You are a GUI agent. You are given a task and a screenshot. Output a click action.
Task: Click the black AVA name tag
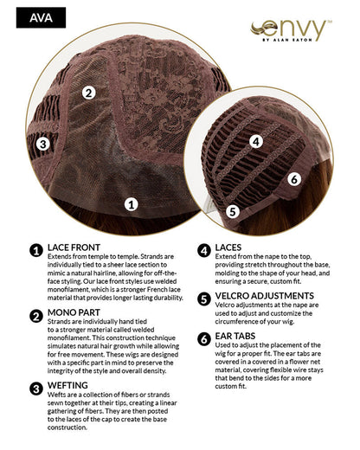pyautogui.click(x=41, y=17)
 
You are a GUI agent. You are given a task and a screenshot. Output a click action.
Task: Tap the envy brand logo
pyautogui.click(x=291, y=30)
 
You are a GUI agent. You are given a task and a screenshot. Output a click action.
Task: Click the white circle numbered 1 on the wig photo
pyautogui.click(x=132, y=204)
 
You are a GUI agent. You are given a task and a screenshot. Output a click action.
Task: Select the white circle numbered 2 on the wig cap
pyautogui.click(x=89, y=93)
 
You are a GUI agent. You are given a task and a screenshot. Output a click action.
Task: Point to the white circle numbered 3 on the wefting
pyautogui.click(x=43, y=144)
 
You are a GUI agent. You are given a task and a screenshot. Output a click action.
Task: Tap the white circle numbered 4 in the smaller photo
pyautogui.click(x=256, y=142)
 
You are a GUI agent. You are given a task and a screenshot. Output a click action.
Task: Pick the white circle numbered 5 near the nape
pyautogui.click(x=233, y=211)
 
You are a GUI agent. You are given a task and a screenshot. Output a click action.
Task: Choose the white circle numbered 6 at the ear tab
pyautogui.click(x=294, y=179)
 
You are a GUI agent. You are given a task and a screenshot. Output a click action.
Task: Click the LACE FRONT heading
pyautogui.click(x=74, y=247)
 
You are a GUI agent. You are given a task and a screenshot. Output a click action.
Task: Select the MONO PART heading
pyautogui.click(x=74, y=312)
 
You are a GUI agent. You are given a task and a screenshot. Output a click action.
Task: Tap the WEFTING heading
pyautogui.click(x=67, y=385)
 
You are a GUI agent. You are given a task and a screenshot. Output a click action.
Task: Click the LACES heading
pyautogui.click(x=228, y=247)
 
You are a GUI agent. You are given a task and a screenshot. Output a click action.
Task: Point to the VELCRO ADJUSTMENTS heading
pyautogui.click(x=265, y=296)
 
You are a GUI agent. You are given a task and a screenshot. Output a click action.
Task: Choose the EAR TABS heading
pyautogui.click(x=235, y=336)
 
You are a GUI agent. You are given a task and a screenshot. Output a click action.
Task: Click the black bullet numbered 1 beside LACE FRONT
pyautogui.click(x=36, y=251)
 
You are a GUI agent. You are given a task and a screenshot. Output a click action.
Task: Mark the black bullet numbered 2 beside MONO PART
pyautogui.click(x=36, y=316)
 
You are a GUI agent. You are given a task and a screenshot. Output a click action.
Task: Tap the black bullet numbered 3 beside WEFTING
pyautogui.click(x=36, y=389)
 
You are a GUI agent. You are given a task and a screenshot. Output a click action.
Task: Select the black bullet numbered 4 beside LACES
pyautogui.click(x=204, y=251)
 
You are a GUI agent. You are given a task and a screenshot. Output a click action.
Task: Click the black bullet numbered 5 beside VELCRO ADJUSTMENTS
pyautogui.click(x=204, y=299)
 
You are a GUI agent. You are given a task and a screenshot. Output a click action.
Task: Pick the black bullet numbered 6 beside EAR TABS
pyautogui.click(x=204, y=339)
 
